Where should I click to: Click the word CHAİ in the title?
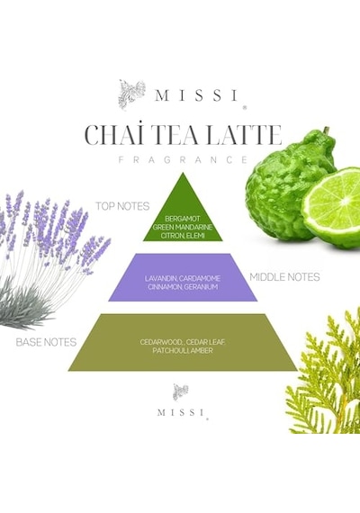(x=108, y=135)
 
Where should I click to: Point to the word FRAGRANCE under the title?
(x=183, y=159)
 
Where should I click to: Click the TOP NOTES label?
(x=122, y=206)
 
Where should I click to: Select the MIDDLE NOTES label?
(x=284, y=277)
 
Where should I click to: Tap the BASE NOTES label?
(x=46, y=342)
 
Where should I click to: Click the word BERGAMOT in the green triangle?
(x=183, y=219)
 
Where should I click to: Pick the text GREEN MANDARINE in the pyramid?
(x=183, y=227)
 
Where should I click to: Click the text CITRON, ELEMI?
(x=183, y=236)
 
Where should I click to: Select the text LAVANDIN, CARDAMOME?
(x=183, y=278)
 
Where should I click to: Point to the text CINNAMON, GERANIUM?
(x=183, y=287)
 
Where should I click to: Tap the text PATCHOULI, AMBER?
(x=183, y=350)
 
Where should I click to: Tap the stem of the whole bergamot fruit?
(x=326, y=130)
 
